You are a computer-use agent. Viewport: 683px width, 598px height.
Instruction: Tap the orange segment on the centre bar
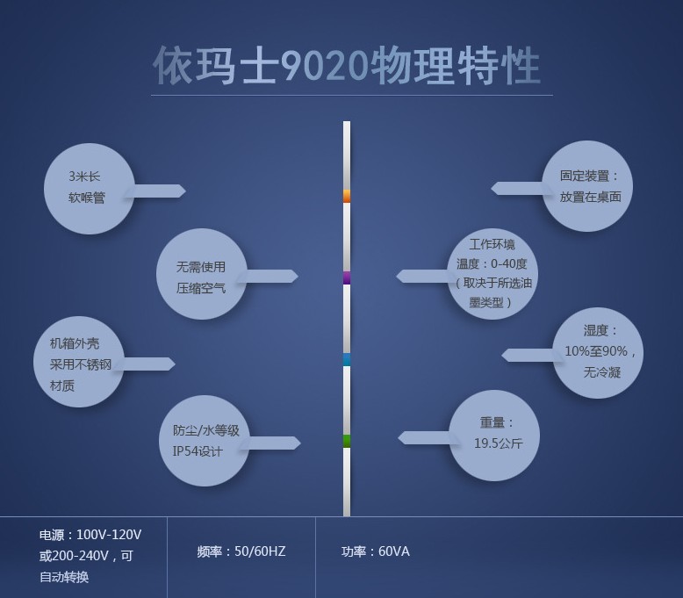(x=347, y=196)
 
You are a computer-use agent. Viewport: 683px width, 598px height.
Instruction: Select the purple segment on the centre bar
(x=347, y=277)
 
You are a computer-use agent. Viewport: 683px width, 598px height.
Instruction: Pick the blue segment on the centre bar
(x=347, y=359)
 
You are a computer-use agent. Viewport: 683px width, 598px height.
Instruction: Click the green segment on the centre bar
(x=347, y=441)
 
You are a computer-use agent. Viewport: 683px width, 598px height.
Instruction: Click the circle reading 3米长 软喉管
(x=90, y=189)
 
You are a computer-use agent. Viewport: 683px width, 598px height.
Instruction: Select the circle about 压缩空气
(x=202, y=274)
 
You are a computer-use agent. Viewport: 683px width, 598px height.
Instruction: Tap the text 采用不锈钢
(x=81, y=364)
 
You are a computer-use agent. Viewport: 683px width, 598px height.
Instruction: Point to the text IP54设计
(x=198, y=451)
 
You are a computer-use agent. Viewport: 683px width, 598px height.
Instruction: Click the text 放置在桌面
(x=591, y=197)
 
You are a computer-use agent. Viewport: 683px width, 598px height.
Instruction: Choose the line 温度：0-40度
(x=492, y=263)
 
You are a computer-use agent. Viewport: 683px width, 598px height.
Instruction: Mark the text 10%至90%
(x=596, y=351)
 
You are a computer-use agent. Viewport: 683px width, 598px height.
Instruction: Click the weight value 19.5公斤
(x=499, y=443)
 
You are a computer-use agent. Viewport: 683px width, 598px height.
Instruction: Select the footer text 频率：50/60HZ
(x=241, y=551)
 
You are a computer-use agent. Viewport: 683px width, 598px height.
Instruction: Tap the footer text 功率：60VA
(x=376, y=551)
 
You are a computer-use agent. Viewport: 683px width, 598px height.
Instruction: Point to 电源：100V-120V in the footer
(x=90, y=535)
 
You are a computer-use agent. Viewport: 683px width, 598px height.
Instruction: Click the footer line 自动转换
(x=64, y=577)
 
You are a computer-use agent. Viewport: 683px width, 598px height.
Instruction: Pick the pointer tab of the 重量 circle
(x=426, y=437)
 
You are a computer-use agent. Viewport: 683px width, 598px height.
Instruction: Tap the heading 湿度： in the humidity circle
(x=600, y=330)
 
